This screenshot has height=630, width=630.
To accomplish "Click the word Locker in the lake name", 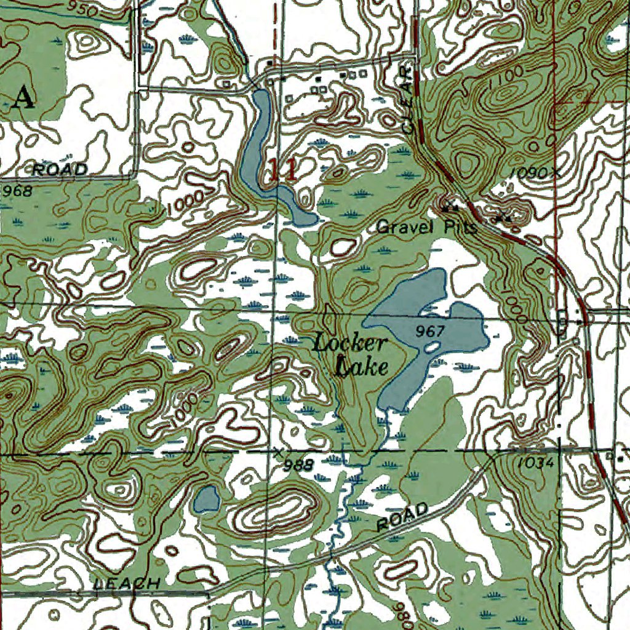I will coord(349,343).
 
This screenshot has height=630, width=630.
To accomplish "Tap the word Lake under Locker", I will coord(362,367).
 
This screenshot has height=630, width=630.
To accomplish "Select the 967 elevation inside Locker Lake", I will coord(429,331).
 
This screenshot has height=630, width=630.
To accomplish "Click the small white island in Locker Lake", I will coord(433,348).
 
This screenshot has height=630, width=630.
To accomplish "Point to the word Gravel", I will coord(403,227).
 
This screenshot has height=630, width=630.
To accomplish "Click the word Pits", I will coord(460,227).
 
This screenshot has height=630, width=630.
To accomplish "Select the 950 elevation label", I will coord(84,8).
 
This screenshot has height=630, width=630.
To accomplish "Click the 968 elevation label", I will coord(17,191).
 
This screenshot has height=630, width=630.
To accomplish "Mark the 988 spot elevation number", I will coord(300,464).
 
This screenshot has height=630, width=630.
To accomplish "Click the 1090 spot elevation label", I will coord(530,173).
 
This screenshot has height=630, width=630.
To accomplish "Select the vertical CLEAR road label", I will coord(406,96).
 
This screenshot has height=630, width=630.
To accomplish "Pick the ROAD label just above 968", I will coord(60,169).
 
